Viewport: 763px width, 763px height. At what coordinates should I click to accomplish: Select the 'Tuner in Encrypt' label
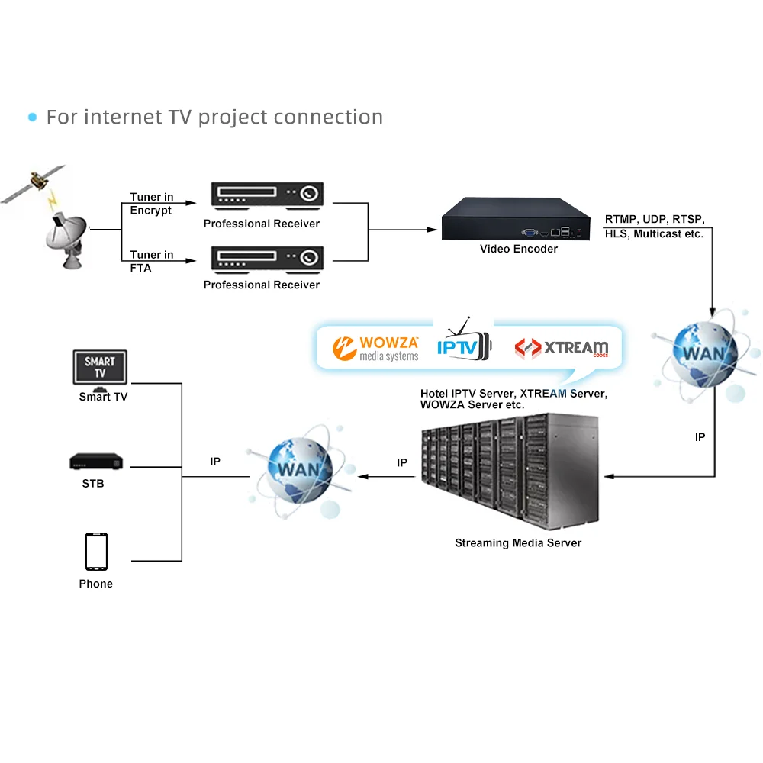pos(151,204)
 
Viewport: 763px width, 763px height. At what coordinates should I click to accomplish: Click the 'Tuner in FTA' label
pos(151,261)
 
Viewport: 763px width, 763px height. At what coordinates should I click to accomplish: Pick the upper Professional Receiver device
pos(267,195)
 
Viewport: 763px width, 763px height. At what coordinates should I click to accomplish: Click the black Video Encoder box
pos(517,219)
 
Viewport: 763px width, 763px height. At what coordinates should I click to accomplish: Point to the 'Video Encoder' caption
pos(519,249)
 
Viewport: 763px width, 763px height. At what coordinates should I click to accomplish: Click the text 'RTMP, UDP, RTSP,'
pos(655,219)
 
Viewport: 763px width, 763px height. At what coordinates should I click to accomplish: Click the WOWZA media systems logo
pos(376,348)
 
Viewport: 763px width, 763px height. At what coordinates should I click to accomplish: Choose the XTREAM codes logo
pos(562,349)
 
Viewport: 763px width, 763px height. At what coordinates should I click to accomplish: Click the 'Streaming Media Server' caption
pos(518,543)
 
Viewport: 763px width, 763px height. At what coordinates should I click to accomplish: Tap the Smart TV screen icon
pos(100,367)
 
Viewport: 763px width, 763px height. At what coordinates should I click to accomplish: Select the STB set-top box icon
pos(97,462)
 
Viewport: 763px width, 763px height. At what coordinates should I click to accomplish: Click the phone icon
pos(96,552)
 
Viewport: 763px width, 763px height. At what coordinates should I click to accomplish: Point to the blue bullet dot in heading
pos(32,118)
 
